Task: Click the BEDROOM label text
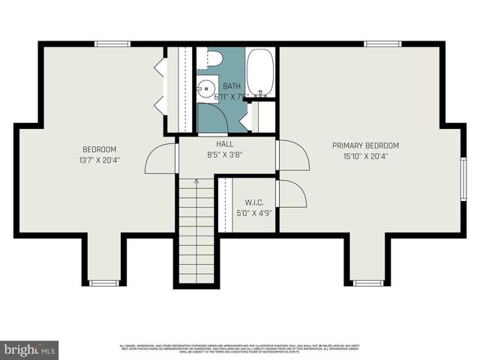[99, 149]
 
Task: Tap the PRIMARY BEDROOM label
[371, 145]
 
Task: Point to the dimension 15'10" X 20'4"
[371, 157]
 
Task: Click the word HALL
[225, 144]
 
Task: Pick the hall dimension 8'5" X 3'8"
[225, 155]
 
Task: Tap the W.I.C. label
[253, 202]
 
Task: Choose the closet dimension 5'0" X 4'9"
[253, 213]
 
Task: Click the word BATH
[232, 86]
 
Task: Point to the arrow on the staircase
[196, 181]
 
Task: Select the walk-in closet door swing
[292, 193]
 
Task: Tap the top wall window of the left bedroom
[112, 44]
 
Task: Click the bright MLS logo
[29, 350]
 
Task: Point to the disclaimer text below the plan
[240, 348]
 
